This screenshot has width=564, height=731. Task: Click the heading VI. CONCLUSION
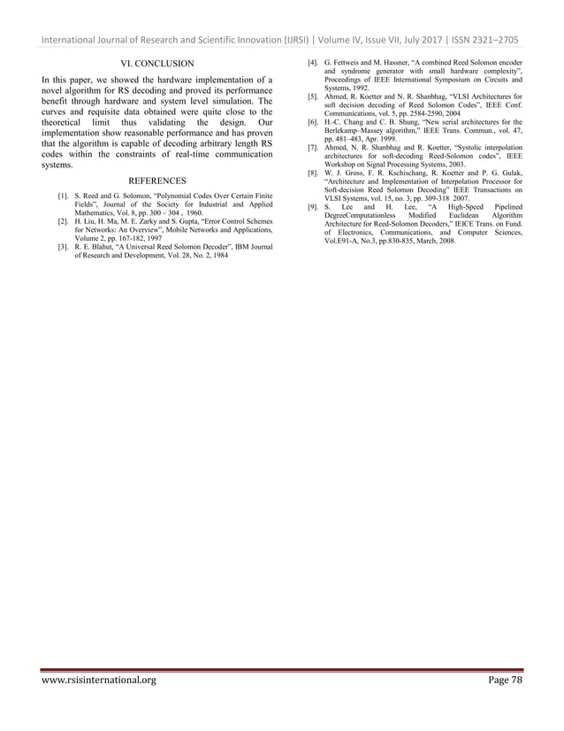[156, 63]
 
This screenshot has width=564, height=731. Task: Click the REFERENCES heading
[157, 181]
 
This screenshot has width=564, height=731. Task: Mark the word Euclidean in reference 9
[451, 215]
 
